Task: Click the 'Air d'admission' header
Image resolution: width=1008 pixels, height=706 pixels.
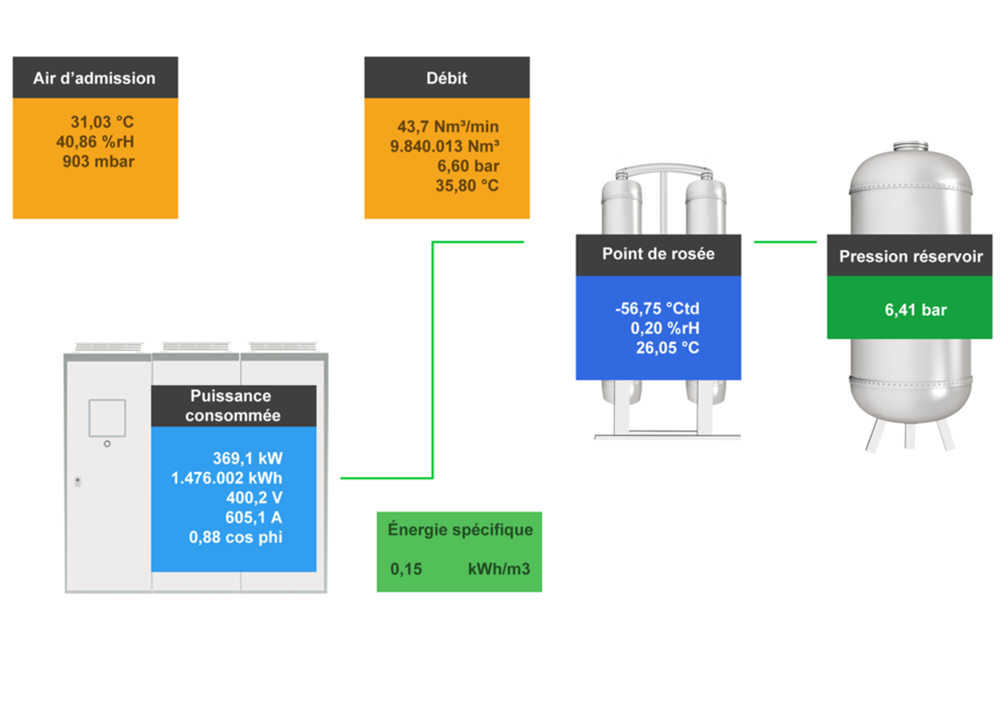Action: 94,78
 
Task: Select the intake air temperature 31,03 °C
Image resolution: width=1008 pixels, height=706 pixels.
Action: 101,122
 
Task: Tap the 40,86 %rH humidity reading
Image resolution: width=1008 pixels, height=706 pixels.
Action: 95,141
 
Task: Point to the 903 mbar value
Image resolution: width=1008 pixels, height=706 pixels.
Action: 98,161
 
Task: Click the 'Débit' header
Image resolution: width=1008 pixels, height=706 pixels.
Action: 447,78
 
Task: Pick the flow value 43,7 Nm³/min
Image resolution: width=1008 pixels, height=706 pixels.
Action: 448,127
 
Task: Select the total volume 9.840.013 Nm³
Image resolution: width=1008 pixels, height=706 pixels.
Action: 444,146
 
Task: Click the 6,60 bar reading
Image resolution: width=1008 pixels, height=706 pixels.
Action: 468,166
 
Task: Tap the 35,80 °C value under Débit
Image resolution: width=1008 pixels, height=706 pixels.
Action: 467,186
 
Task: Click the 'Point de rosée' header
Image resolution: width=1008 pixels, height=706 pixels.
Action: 658,254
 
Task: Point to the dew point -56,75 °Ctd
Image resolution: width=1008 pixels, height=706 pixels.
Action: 657,308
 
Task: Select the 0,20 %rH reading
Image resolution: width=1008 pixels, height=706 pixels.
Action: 664,328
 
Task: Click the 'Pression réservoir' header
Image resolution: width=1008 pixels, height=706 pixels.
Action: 910,256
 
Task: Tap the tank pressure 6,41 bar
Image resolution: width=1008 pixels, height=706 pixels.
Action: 916,310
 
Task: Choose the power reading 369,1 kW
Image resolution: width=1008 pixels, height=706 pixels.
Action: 247,458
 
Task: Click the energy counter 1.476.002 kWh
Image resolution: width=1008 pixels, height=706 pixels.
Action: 227,478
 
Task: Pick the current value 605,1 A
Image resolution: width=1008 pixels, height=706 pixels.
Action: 253,518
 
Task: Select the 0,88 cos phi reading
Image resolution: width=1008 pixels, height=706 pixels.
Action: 235,537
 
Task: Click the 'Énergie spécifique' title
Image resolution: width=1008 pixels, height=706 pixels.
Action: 460,529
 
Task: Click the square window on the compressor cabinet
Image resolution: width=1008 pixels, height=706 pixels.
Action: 107,418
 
